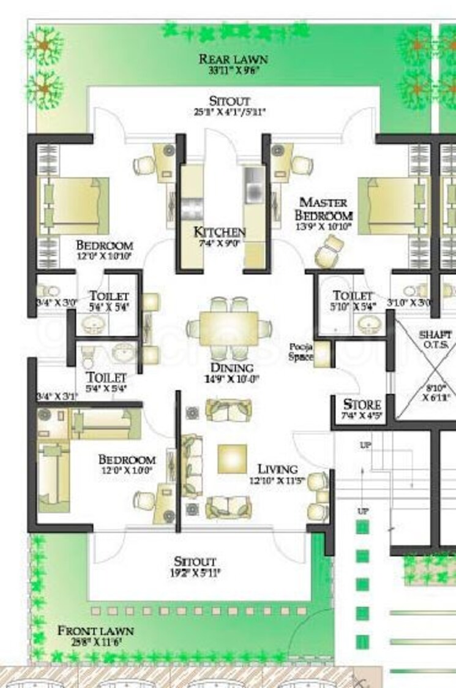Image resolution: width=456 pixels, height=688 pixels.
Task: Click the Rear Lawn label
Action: click(233, 59)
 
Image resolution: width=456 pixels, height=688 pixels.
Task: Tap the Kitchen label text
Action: click(220, 232)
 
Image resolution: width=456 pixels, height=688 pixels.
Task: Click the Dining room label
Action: click(231, 368)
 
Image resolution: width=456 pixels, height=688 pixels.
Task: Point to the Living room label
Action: click(277, 469)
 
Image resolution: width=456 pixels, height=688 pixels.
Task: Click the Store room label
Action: click(362, 405)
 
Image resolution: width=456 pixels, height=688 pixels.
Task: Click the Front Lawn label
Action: click(95, 630)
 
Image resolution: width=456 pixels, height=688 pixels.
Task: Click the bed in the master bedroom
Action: click(387, 206)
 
